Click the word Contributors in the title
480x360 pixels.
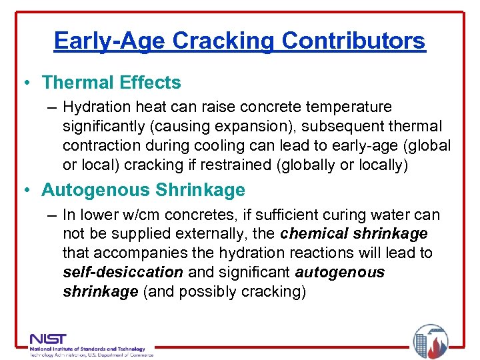click(x=353, y=41)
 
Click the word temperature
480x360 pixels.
click(x=350, y=107)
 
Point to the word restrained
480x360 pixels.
click(x=252, y=165)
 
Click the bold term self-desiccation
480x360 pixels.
click(x=123, y=272)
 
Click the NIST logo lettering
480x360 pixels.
click(x=48, y=339)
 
